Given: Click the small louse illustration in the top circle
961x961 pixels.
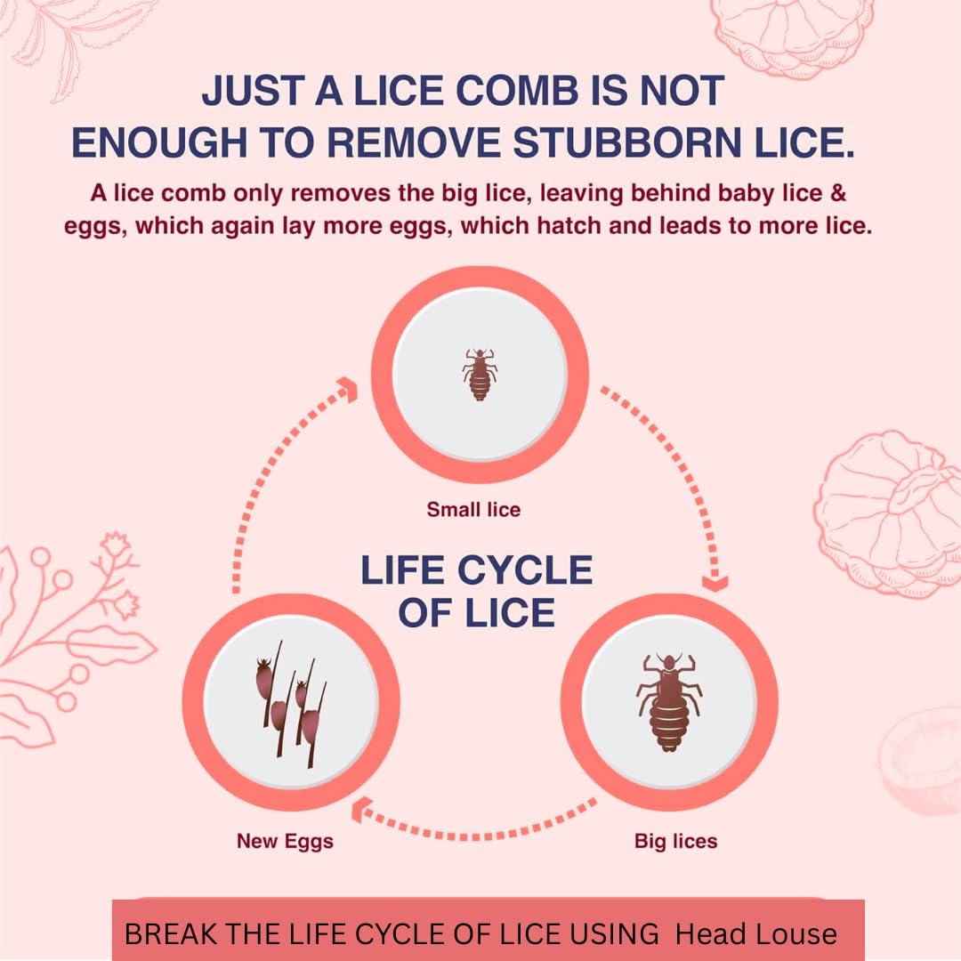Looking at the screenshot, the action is [480, 374].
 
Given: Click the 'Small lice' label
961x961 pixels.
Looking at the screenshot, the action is [473, 510].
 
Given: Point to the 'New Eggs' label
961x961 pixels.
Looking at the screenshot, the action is [285, 840].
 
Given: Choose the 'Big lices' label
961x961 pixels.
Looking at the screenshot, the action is [675, 840].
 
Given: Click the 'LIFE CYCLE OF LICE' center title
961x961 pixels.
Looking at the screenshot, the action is [477, 591].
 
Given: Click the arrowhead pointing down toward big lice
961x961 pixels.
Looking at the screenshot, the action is [714, 583].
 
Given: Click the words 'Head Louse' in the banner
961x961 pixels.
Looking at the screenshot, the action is [755, 933].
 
